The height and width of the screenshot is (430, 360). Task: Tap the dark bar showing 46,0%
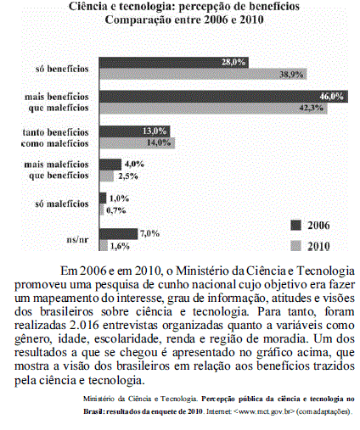click(x=222, y=98)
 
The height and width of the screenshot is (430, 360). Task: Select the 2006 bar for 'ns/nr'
click(x=118, y=233)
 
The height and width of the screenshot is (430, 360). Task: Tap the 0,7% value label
click(x=117, y=210)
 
